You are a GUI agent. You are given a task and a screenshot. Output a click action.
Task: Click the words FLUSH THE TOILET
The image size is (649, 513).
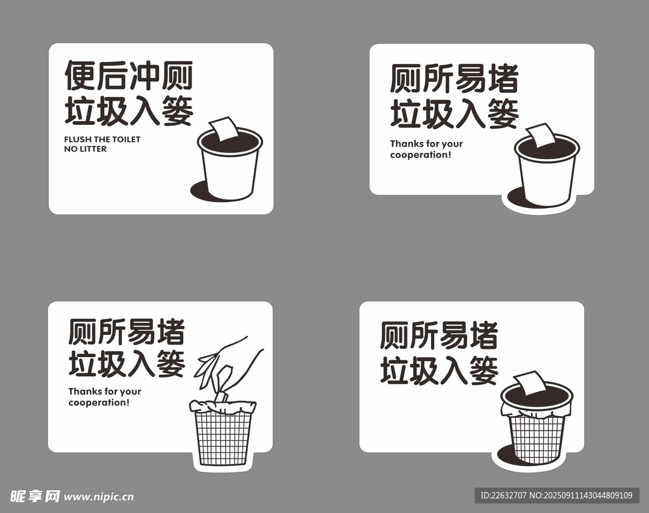[x=102, y=139]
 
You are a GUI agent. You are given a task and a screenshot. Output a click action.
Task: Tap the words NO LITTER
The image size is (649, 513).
[x=86, y=148]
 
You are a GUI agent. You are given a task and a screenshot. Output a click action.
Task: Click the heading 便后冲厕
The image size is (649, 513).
[x=129, y=75]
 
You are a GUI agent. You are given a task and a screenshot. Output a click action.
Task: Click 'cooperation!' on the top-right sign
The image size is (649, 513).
[x=421, y=155]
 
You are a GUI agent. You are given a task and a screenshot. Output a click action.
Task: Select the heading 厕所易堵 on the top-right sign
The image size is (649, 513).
[x=454, y=78]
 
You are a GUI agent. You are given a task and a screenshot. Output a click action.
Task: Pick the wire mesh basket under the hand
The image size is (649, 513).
[x=223, y=432]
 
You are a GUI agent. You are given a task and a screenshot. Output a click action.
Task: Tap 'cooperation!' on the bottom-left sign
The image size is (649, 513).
[x=99, y=403]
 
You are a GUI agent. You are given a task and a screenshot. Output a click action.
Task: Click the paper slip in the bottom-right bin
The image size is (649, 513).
[x=529, y=384]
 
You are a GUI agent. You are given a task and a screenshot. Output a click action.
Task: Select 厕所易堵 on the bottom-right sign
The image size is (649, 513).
[x=439, y=335]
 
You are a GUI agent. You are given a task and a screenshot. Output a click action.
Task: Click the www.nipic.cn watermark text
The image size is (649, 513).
[x=99, y=497]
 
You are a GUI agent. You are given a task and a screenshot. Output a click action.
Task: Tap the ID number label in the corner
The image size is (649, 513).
[x=556, y=495]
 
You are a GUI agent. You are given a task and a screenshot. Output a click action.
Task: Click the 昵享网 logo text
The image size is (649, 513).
[x=35, y=496]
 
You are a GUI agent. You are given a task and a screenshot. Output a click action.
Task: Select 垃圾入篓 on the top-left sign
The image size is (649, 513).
[x=129, y=110]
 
